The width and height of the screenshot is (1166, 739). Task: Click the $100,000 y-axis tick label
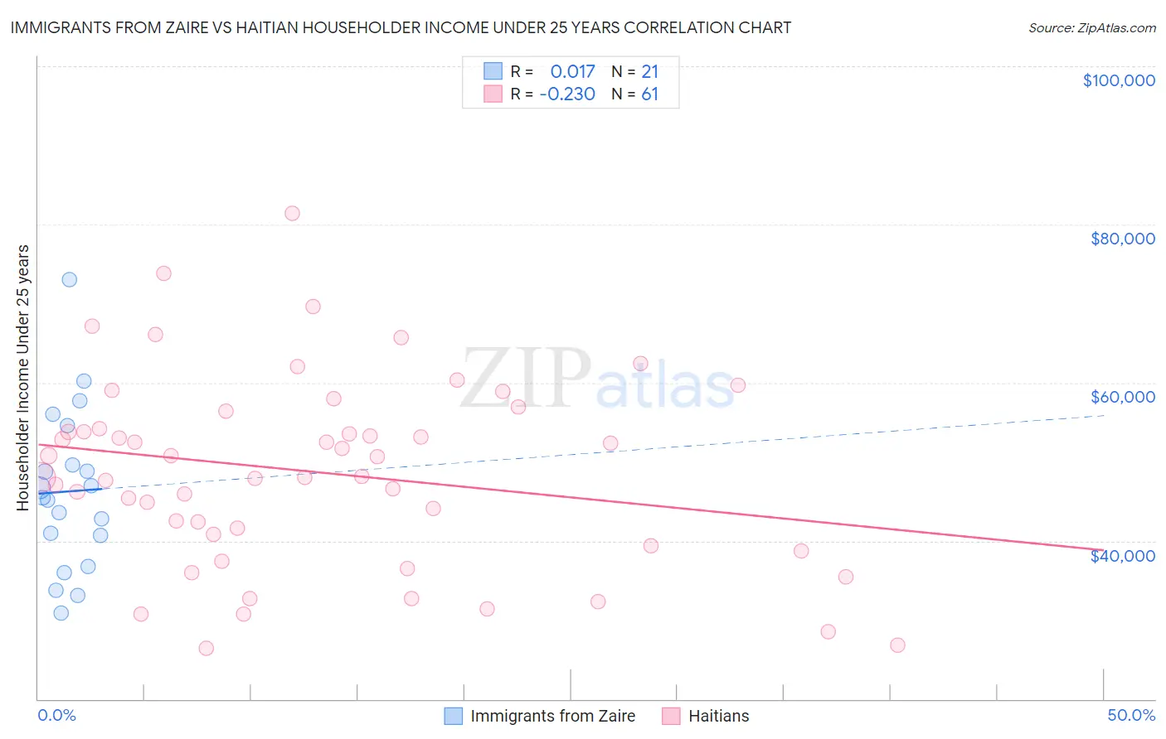point(1119,80)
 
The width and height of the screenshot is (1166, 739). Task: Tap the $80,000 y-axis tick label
point(1122,239)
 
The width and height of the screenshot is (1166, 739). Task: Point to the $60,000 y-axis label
point(1122,397)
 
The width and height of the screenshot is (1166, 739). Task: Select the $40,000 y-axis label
point(1122,556)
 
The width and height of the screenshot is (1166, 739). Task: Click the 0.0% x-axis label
point(56,716)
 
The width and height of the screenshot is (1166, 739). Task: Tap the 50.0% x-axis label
point(1131,716)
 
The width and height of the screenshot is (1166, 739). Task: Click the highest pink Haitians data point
point(292,213)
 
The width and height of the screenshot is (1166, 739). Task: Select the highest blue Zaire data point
point(70,279)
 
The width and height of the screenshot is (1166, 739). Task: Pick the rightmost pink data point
point(897,645)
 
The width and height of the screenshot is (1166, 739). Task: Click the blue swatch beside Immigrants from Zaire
point(453,716)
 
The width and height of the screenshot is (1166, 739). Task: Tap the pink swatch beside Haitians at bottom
point(671,716)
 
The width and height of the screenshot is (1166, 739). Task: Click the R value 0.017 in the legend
point(572,71)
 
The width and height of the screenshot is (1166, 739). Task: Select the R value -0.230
point(567,94)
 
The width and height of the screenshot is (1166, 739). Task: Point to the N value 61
point(649,94)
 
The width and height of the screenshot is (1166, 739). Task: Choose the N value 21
point(649,71)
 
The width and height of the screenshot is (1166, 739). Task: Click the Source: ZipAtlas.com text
point(1091,28)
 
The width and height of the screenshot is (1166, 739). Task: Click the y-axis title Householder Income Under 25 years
point(23,377)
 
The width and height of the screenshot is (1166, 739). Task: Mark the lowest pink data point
point(206,648)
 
